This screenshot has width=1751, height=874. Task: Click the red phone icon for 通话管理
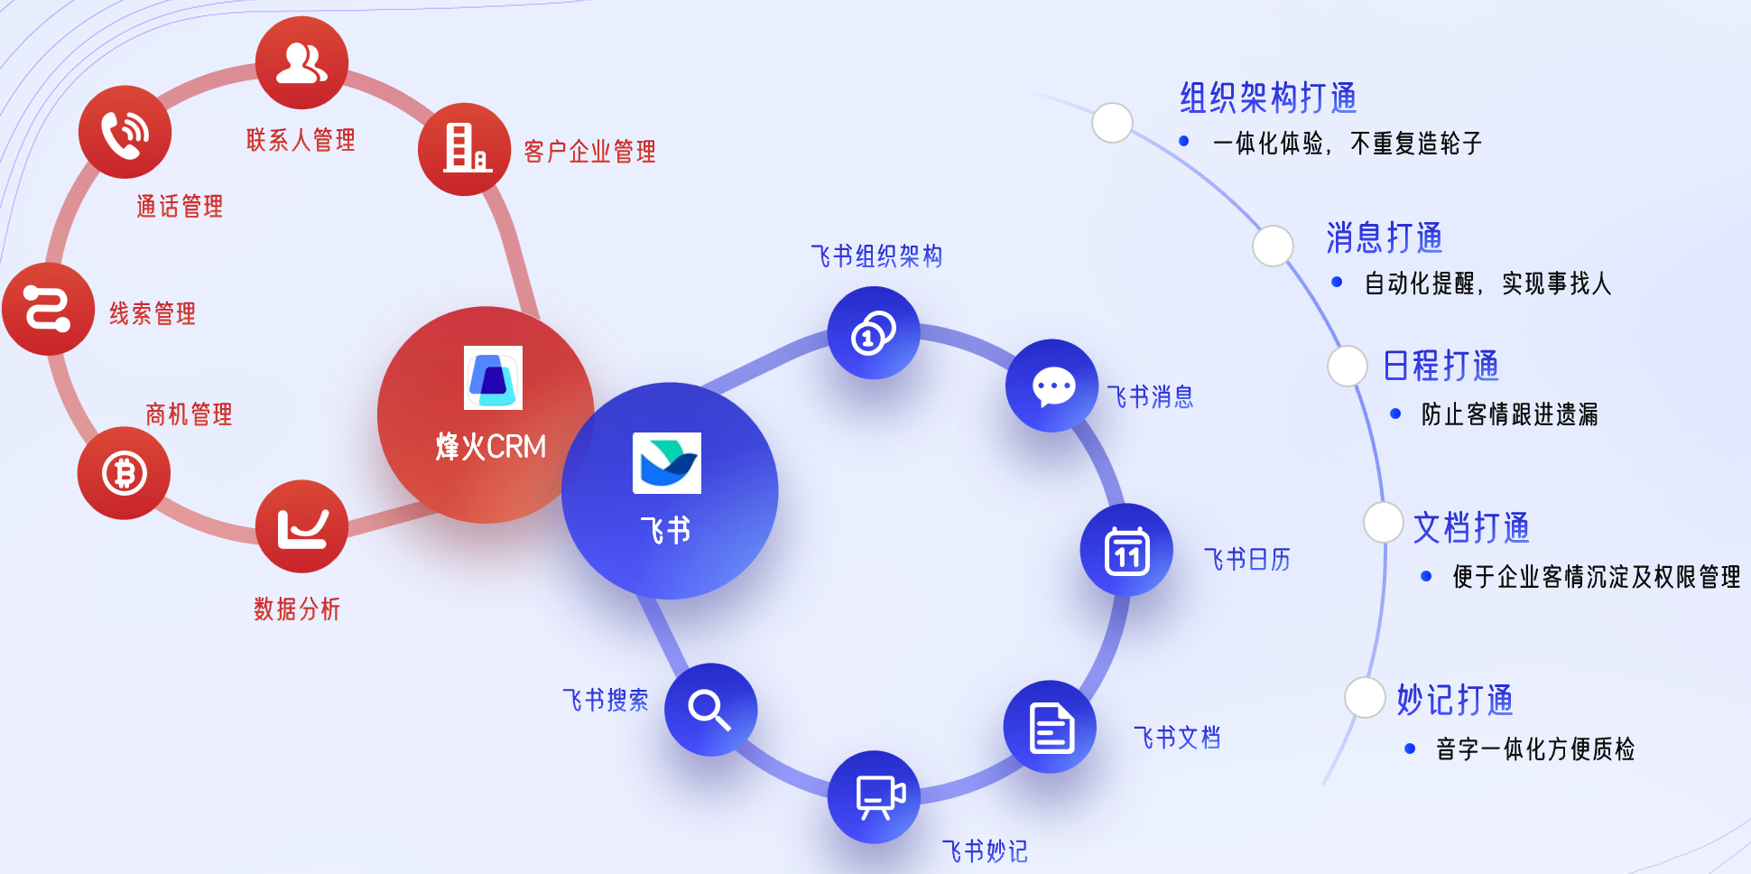[125, 132]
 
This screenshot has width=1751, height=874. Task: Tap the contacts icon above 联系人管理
[301, 63]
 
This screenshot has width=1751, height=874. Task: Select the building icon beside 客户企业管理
[465, 149]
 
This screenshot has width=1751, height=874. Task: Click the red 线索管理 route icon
[49, 309]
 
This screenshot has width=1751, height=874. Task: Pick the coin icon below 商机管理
[124, 473]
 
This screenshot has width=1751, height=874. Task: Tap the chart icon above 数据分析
[301, 526]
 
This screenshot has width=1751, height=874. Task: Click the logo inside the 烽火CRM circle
[493, 377]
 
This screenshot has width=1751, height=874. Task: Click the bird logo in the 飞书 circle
[667, 463]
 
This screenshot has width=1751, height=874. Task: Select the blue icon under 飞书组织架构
[874, 333]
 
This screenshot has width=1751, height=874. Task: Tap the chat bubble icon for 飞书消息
[1052, 386]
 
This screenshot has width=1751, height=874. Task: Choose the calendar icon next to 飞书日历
[1126, 550]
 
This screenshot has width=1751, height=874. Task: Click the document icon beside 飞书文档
[1050, 727]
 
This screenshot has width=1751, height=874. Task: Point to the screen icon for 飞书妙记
[874, 797]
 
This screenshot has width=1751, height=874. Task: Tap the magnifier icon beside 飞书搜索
[710, 710]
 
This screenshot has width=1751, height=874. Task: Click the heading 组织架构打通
[1268, 98]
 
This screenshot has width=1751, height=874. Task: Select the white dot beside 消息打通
[1274, 246]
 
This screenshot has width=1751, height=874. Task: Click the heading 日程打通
[1441, 366]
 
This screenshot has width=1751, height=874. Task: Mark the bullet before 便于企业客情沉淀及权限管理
[1426, 576]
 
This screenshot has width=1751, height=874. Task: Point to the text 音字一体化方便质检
[1535, 748]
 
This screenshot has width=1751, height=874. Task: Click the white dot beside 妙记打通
[1365, 697]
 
